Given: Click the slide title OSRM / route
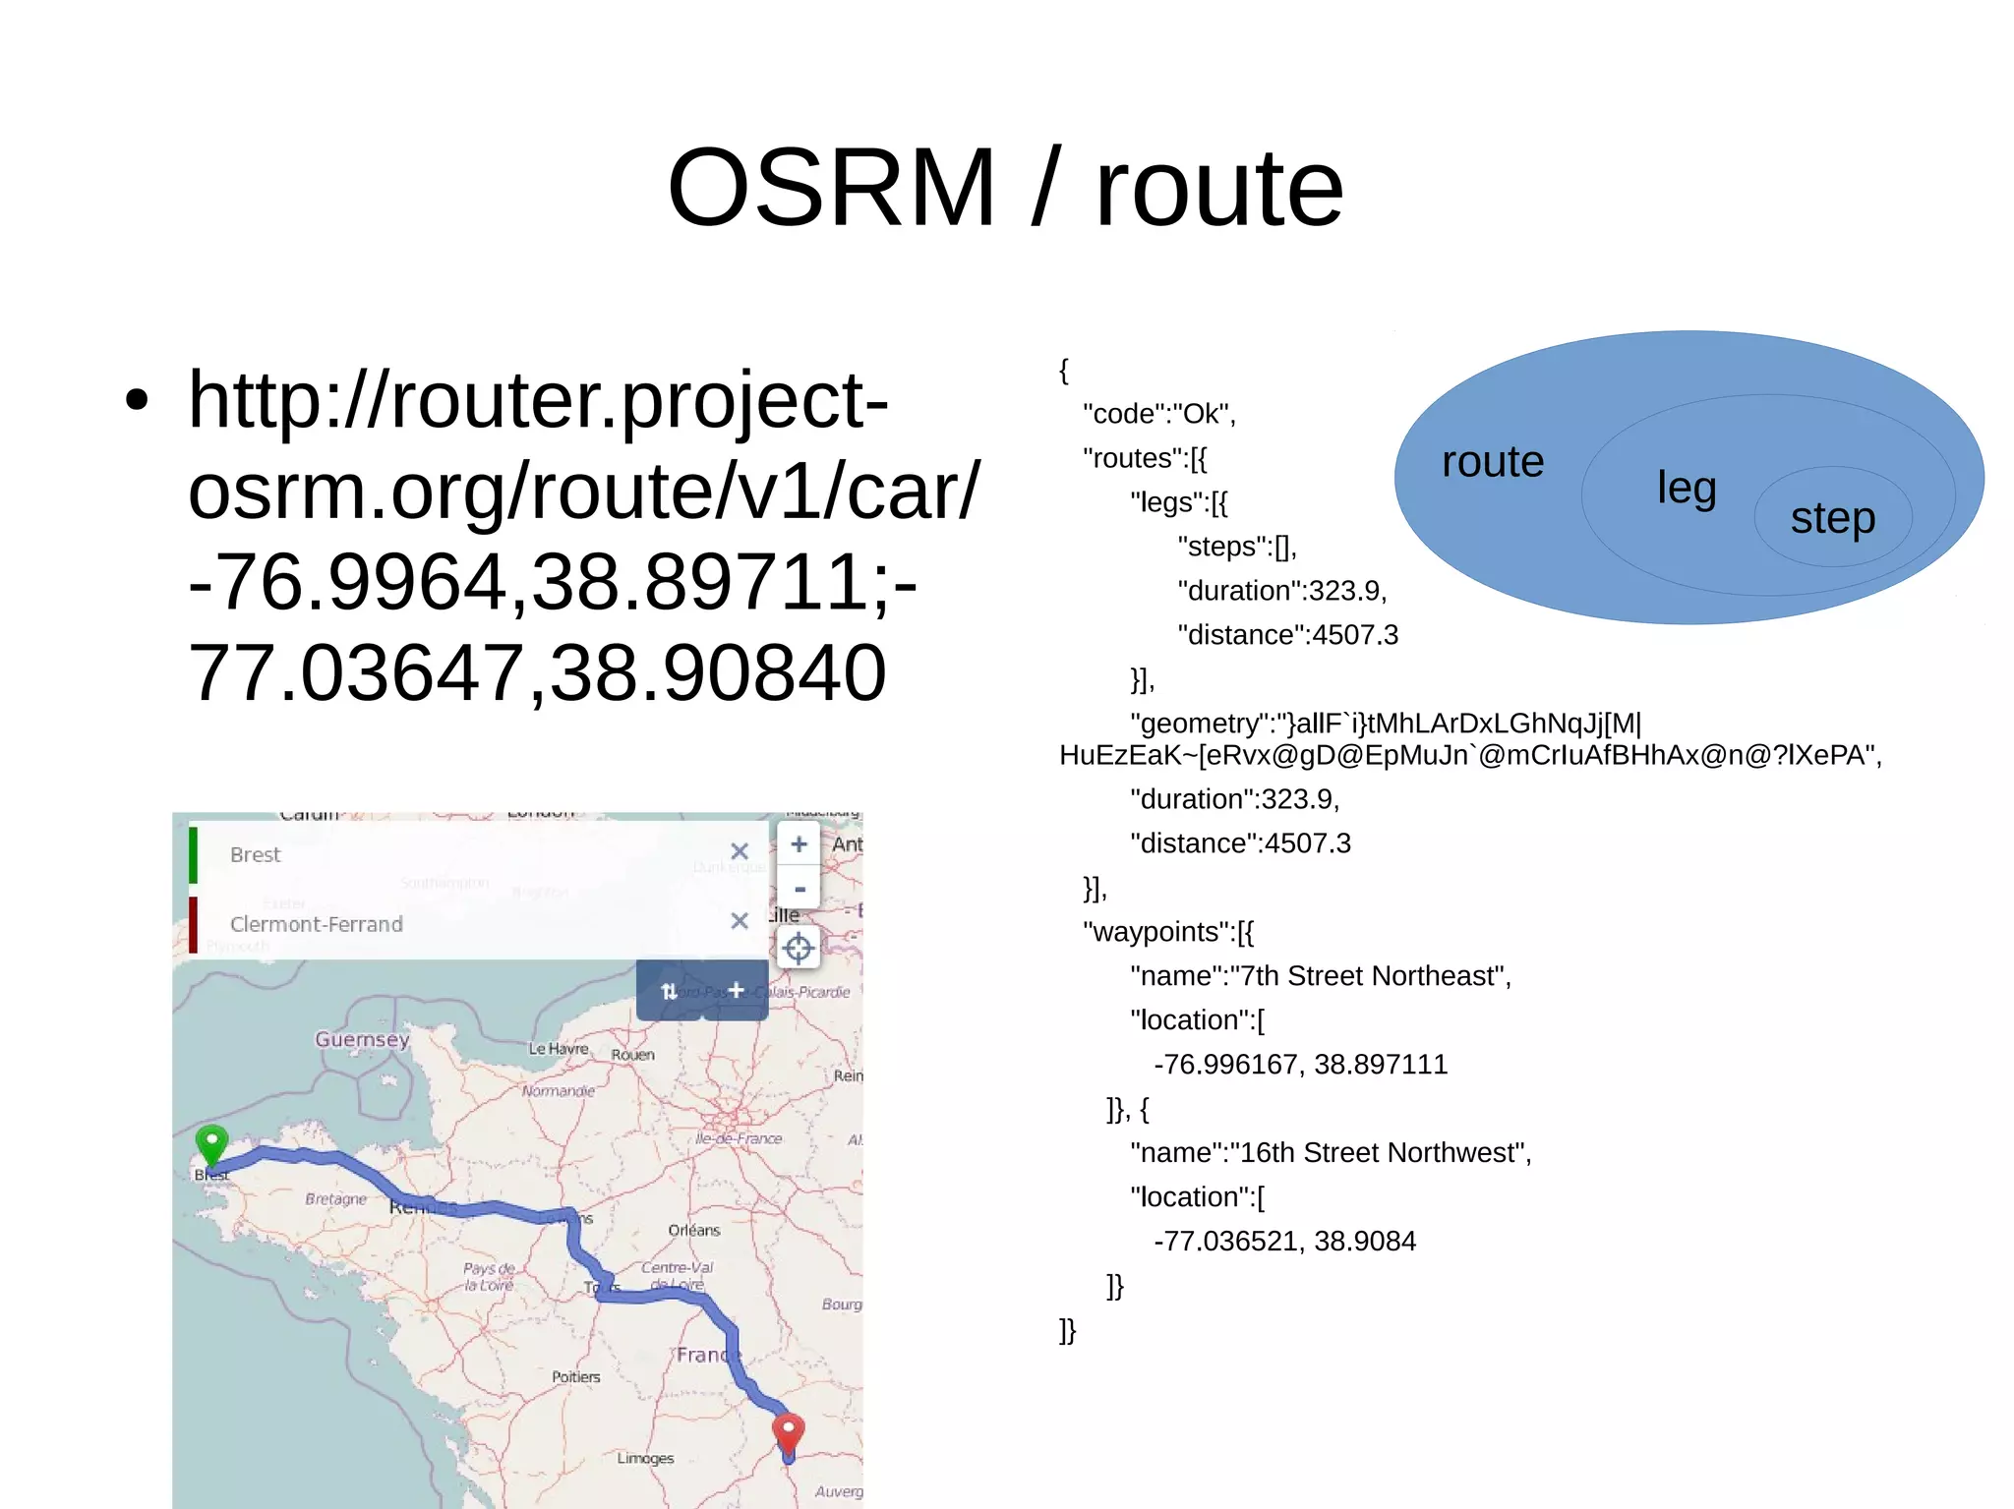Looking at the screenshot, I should click(x=1005, y=187).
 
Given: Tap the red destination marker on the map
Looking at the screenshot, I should click(x=788, y=1432).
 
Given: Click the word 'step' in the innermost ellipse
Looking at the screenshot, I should click(x=1832, y=518).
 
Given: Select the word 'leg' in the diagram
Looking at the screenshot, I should click(x=1686, y=488).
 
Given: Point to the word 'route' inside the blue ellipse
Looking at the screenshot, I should click(x=1492, y=462).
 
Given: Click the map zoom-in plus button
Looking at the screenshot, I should click(x=799, y=844).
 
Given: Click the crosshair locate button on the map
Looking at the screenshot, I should click(x=799, y=948).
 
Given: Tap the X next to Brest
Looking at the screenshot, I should click(x=740, y=851).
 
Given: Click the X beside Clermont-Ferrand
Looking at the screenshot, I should click(x=740, y=921).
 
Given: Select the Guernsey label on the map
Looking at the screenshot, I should click(x=362, y=1039).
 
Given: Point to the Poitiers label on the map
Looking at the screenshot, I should click(x=575, y=1377).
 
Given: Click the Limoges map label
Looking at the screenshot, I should click(x=645, y=1458).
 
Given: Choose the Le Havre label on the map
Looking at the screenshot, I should click(x=558, y=1049).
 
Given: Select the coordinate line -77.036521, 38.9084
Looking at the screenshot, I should click(x=1284, y=1242).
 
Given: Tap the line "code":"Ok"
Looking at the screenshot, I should click(x=1158, y=414).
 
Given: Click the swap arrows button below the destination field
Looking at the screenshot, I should click(x=669, y=991).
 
